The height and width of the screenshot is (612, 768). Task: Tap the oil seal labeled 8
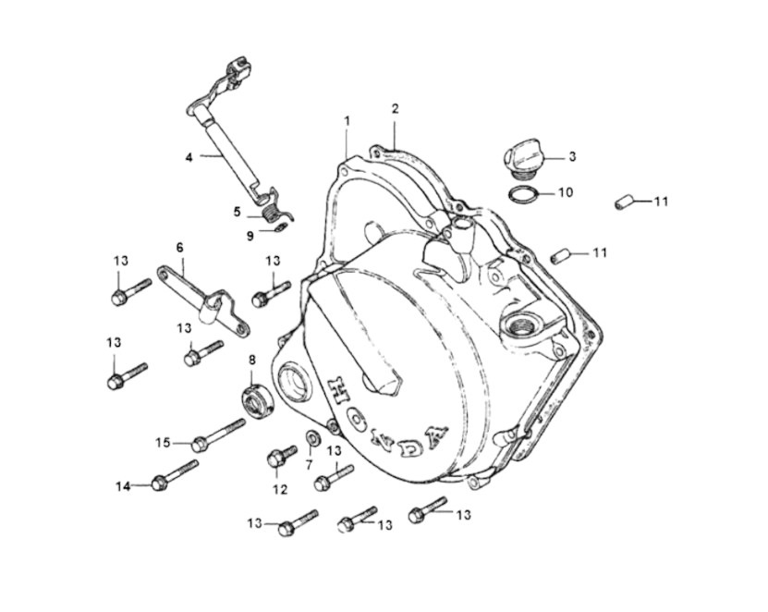pos(259,402)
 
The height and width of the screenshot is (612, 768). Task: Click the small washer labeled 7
pos(313,438)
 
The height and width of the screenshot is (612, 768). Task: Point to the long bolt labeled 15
pos(218,435)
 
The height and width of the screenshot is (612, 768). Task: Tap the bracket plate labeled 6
pos(203,301)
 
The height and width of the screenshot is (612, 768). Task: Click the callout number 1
pos(347,120)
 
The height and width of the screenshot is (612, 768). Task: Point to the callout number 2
pos(396,109)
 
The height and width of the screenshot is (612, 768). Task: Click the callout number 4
pos(189,157)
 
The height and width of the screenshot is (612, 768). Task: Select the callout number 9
pos(250,236)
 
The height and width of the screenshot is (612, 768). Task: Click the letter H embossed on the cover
pos(337,387)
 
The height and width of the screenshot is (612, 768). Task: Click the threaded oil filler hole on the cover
pos(512,324)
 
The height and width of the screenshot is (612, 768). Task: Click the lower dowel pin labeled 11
pos(560,256)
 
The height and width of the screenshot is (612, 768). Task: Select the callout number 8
pos(251,361)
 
